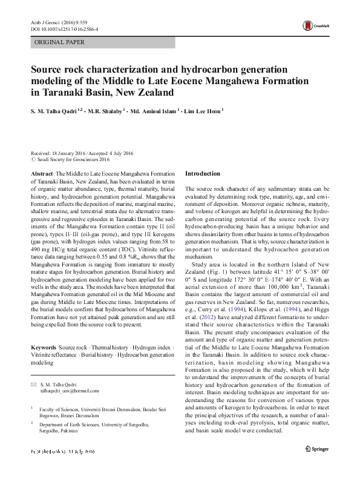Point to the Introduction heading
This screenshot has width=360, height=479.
coord(203,174)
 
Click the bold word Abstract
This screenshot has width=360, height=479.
coord(41,174)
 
